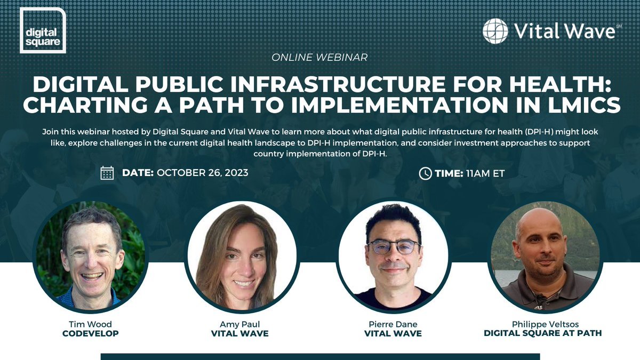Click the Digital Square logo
pyautogui.click(x=42, y=30)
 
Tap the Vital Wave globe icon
pyautogui.click(x=495, y=30)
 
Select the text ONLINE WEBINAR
pyautogui.click(x=319, y=57)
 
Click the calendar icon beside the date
pyautogui.click(x=107, y=173)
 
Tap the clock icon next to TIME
pyautogui.click(x=425, y=173)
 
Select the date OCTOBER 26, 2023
pyautogui.click(x=203, y=173)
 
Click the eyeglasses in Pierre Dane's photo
pyautogui.click(x=394, y=247)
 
